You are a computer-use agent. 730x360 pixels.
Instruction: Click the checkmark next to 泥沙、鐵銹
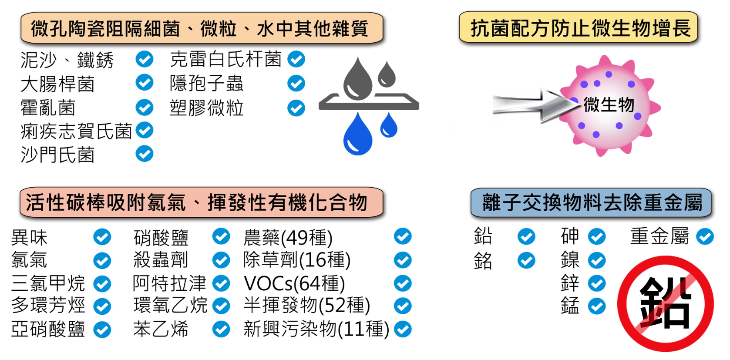pos(144,59)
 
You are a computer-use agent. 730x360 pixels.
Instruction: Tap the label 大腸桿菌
pos(57,84)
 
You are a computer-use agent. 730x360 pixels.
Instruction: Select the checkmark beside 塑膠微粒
pos(296,108)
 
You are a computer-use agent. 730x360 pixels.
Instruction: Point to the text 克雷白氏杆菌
pos(225,59)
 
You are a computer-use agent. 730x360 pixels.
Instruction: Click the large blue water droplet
pos(358,135)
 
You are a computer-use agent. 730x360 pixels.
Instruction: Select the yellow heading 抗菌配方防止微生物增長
pos(579,28)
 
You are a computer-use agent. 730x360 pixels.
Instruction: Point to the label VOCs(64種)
pos(294,284)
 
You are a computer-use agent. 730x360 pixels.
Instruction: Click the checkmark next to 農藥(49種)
pos(403,236)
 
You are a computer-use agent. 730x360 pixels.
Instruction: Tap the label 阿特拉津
pos(169,283)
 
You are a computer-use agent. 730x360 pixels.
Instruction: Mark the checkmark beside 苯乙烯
pos(221,329)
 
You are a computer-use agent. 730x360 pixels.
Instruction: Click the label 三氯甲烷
pos(48,283)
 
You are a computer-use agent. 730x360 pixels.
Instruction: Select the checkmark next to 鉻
pos(526,261)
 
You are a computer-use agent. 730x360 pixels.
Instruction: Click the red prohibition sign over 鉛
pos(665,303)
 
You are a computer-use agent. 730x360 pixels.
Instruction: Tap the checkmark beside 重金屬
pos(705,237)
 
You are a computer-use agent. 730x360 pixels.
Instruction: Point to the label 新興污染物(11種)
pos(316,329)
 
